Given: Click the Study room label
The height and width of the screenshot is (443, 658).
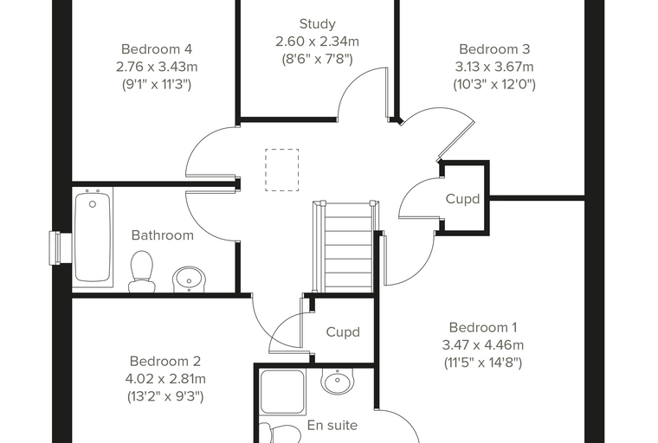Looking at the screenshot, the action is point(317,24).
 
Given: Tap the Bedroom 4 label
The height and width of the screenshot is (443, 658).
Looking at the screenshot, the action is point(157,49).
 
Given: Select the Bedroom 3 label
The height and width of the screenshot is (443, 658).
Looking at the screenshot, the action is point(494,49).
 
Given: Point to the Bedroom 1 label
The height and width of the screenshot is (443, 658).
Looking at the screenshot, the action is point(483,327).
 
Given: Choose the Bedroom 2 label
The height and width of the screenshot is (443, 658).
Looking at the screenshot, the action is point(165,361).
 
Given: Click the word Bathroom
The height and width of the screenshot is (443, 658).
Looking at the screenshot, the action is point(163,235).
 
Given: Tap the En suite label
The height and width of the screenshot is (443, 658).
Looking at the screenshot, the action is point(332,426).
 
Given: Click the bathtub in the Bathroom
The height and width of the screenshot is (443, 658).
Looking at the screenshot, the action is point(93,239).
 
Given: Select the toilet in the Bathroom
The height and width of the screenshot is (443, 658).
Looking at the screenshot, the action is point(142,272).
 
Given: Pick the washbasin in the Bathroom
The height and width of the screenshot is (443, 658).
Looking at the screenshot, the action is point(190,279).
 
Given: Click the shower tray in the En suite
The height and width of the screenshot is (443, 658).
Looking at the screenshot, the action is point(282,392).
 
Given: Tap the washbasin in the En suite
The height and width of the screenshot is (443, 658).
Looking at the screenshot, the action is point(337,381).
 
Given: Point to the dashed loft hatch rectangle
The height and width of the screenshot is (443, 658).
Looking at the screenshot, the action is point(282,170).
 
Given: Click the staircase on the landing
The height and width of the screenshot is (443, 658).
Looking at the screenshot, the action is point(346,247).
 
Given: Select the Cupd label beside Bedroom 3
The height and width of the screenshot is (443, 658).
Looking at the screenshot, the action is point(462,199).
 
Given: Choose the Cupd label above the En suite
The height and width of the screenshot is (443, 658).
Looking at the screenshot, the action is point(343,332).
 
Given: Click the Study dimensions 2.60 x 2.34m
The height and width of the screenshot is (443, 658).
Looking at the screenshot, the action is point(317,42).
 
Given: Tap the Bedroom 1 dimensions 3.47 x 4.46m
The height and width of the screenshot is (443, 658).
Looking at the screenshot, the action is point(483,345).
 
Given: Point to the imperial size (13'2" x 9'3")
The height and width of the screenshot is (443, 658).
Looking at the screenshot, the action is point(165,396).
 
